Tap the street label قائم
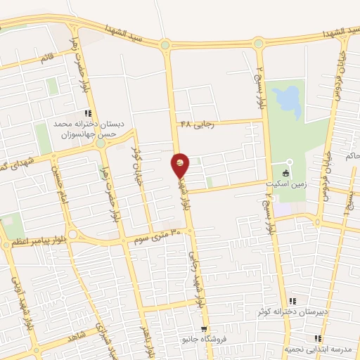click(48, 61)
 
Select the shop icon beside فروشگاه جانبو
click(203, 329)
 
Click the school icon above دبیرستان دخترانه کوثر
click(292, 300)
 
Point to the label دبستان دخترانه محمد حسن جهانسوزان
click(89, 128)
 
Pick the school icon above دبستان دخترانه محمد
click(88, 113)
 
